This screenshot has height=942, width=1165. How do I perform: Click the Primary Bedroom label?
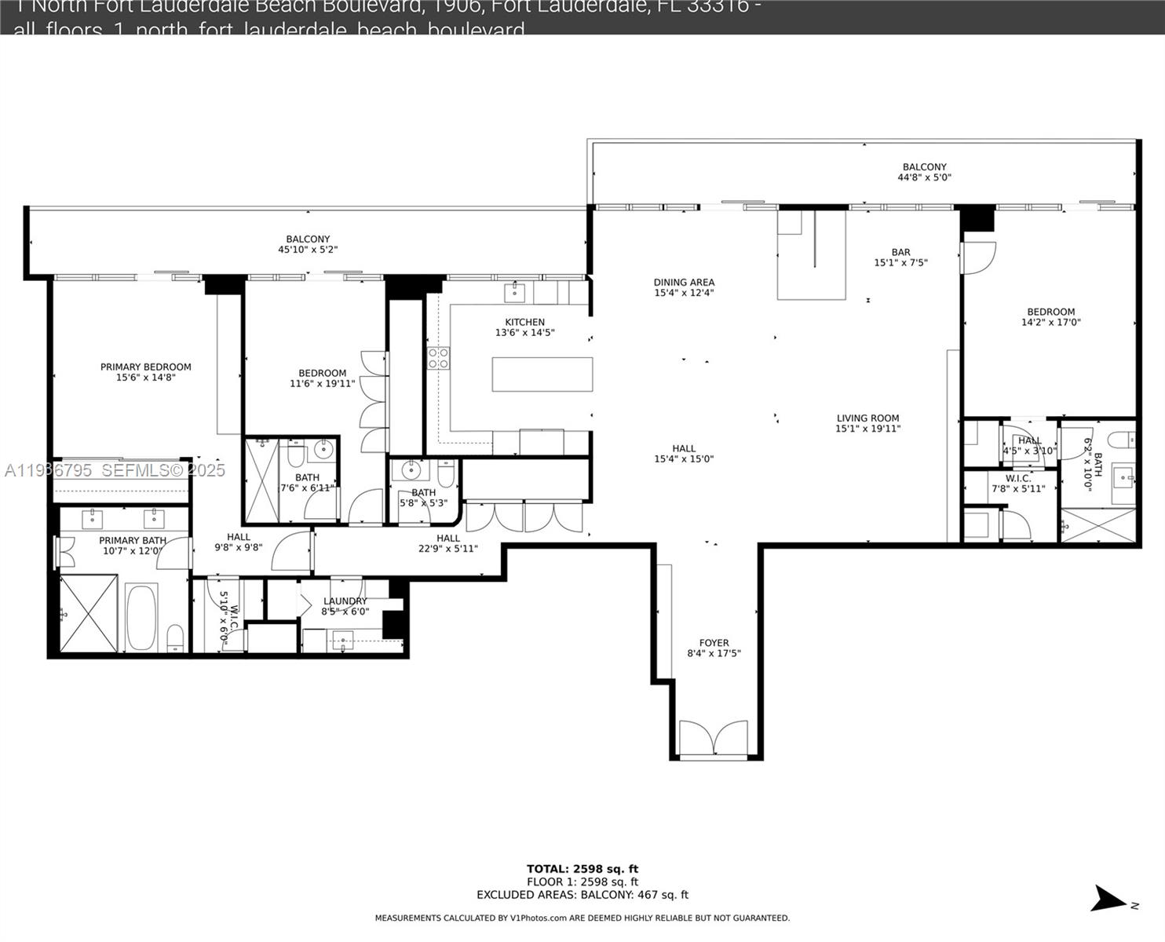point(145,367)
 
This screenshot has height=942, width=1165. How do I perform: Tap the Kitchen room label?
point(524,322)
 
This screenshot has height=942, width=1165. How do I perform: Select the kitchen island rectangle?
point(542,374)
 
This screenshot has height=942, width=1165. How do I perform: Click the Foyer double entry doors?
point(714,738)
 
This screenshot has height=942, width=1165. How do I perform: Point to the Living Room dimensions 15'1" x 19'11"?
point(867,429)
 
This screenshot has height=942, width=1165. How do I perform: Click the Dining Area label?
point(684,282)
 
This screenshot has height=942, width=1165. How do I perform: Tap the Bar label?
point(900,252)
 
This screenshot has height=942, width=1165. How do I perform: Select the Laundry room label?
point(345,601)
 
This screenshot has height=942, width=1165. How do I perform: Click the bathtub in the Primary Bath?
point(141,617)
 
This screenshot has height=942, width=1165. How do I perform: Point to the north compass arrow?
point(1112,899)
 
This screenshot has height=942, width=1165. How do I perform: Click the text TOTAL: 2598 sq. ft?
point(582,869)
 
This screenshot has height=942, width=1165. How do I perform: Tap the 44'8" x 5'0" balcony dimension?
point(924,177)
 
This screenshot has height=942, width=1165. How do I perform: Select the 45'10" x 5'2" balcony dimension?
point(308,250)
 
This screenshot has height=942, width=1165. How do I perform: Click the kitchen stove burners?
point(438,358)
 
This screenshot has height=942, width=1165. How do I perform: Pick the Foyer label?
point(714,642)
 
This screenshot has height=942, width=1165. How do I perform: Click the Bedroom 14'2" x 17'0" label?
point(1050,312)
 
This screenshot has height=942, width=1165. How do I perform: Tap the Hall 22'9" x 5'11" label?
point(447,538)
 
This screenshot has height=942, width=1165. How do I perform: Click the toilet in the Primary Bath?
point(176,637)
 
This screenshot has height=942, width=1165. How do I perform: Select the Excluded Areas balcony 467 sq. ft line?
point(582,895)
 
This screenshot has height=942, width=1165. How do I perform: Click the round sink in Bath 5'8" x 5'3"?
point(411,470)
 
